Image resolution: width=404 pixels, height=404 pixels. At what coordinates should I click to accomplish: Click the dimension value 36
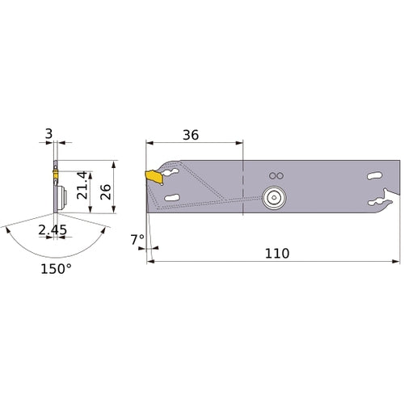click(x=192, y=135)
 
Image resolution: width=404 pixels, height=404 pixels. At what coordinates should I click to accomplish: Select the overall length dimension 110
click(x=276, y=253)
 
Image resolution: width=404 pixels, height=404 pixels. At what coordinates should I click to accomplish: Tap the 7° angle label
click(x=137, y=240)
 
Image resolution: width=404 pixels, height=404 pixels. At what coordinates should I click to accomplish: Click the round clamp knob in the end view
click(x=58, y=197)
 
